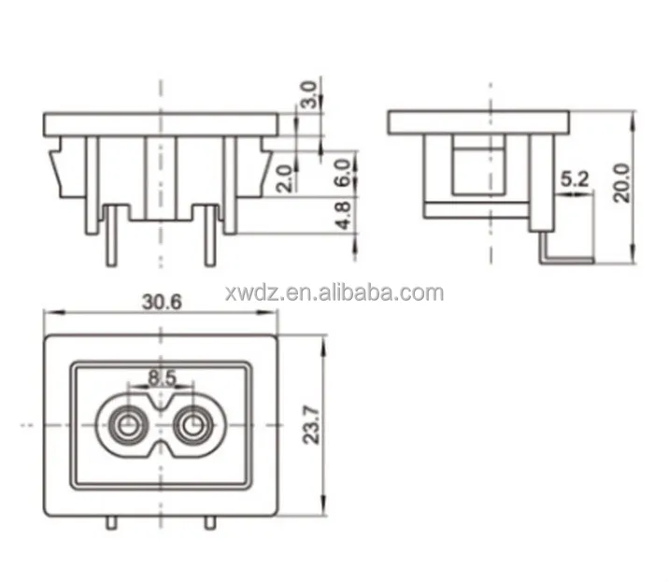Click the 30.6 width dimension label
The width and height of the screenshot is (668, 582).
tap(161, 303)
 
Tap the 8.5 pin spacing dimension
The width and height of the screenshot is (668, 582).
tap(161, 378)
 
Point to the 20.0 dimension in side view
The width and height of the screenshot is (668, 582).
tap(620, 182)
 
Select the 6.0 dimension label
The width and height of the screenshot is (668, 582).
tap(342, 170)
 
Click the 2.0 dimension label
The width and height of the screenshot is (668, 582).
tap(284, 177)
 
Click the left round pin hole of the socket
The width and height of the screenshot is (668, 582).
tap(125, 428)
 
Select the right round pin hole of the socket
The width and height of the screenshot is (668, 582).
tap(193, 428)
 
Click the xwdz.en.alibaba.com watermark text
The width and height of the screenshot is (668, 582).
tap(334, 293)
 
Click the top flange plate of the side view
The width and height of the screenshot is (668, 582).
tap(478, 121)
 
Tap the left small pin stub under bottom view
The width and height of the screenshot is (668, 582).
tap(111, 523)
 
